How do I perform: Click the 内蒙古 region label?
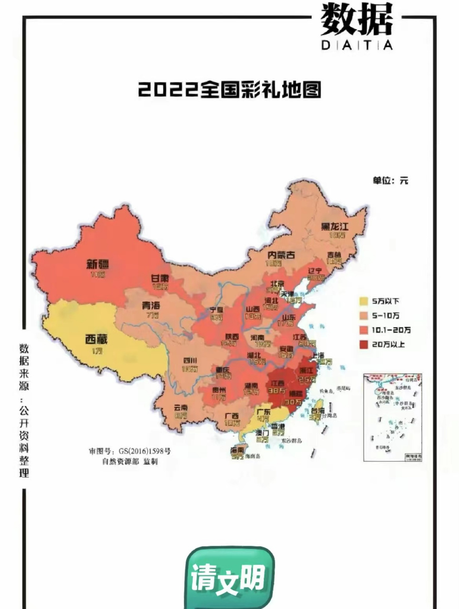point(281,255)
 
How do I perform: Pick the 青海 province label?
point(151,305)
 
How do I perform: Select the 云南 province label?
point(181,407)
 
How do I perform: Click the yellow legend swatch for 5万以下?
point(363,301)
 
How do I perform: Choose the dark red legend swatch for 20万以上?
point(363,344)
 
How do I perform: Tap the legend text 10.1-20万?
point(391,330)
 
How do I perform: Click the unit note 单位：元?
point(390,181)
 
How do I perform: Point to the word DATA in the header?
point(357,45)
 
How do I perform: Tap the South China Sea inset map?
point(392,417)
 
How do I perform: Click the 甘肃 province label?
point(160,278)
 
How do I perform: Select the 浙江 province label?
point(305,371)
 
